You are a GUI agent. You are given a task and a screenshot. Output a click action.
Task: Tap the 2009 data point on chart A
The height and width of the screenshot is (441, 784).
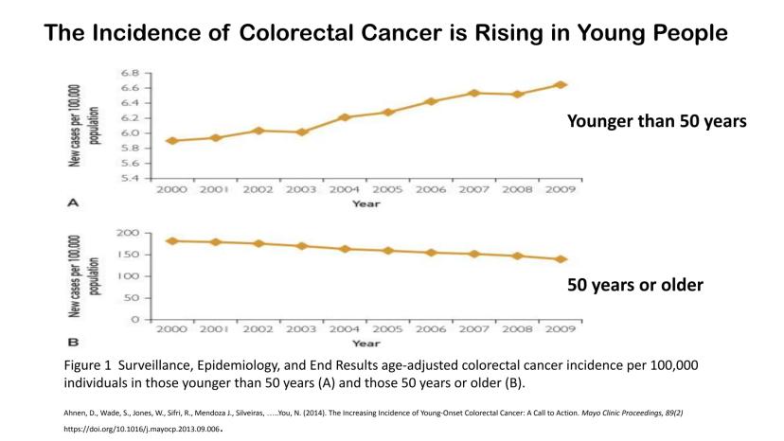point(561,84)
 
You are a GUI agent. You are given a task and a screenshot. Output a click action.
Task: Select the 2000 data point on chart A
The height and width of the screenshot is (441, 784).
point(171,141)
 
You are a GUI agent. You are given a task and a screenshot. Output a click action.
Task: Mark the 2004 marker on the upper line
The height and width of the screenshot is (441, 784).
point(345,117)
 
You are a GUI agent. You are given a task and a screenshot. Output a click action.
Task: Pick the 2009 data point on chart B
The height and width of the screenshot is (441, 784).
point(561,259)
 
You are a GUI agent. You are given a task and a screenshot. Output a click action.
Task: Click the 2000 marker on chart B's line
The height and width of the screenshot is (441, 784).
point(171,240)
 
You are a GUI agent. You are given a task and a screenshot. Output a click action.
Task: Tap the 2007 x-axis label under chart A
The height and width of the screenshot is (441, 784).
point(474,190)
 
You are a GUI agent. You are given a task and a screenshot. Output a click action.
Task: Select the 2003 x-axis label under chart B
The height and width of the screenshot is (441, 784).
point(301,328)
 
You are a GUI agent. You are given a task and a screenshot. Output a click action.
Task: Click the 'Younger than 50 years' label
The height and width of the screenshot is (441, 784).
point(657,122)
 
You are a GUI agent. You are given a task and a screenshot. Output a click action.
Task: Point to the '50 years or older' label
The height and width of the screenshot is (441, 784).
point(635,284)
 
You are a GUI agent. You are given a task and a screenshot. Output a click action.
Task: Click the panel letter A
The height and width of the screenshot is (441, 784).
point(72,203)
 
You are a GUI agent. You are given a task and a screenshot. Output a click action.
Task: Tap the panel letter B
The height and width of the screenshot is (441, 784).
point(72,341)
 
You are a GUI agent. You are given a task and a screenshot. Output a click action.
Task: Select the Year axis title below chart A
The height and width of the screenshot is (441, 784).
point(366,203)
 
